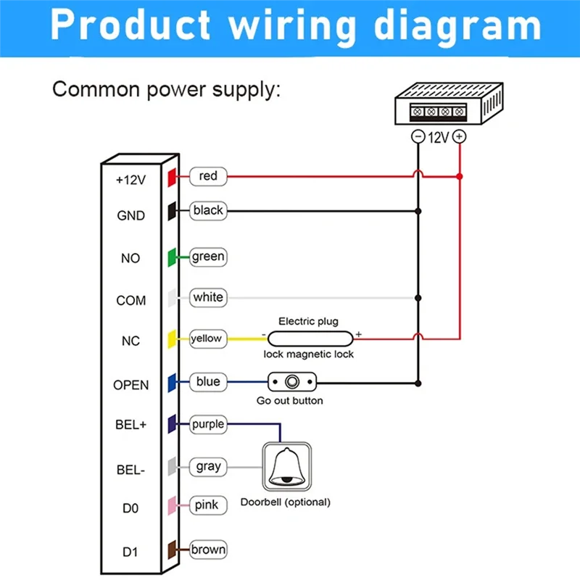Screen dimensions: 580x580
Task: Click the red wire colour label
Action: coord(208,176)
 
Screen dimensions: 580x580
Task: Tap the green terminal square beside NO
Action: coord(173,257)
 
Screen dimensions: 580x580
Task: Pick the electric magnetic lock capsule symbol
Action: coord(310,336)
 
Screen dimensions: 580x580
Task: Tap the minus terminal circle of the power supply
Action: coord(418,136)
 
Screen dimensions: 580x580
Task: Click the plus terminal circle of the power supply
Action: coord(459,136)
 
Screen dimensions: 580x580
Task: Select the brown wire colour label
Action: coord(208,550)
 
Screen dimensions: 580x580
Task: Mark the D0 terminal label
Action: coord(130,509)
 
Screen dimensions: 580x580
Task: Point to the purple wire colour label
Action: coord(208,424)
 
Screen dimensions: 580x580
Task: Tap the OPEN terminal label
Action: coord(130,385)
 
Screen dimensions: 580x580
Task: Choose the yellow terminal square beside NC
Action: coord(173,339)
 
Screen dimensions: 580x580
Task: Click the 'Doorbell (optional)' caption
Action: coord(285,502)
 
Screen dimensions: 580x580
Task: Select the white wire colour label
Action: coord(208,297)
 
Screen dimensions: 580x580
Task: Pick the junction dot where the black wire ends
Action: coord(418,211)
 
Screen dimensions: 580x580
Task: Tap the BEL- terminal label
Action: coord(130,470)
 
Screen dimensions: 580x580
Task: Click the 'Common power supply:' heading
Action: coord(166,90)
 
